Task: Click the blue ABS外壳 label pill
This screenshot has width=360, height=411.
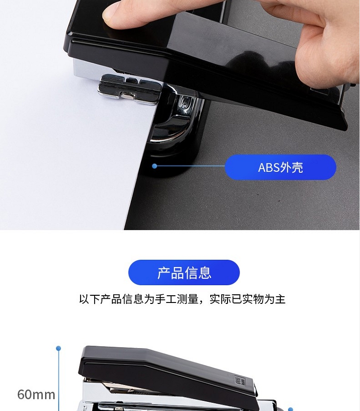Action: tap(280, 167)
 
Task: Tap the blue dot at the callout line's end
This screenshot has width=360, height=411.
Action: tap(155, 166)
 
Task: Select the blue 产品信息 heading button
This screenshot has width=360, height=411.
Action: tap(184, 272)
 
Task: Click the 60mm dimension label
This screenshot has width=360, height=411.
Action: tap(36, 395)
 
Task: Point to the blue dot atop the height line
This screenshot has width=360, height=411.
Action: tap(59, 349)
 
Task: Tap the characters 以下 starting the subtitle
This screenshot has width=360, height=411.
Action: tap(90, 299)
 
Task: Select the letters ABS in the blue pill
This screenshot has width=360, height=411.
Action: tap(269, 168)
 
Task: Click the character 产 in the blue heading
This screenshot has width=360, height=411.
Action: tap(164, 273)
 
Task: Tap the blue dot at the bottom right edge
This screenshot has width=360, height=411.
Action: tap(290, 409)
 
